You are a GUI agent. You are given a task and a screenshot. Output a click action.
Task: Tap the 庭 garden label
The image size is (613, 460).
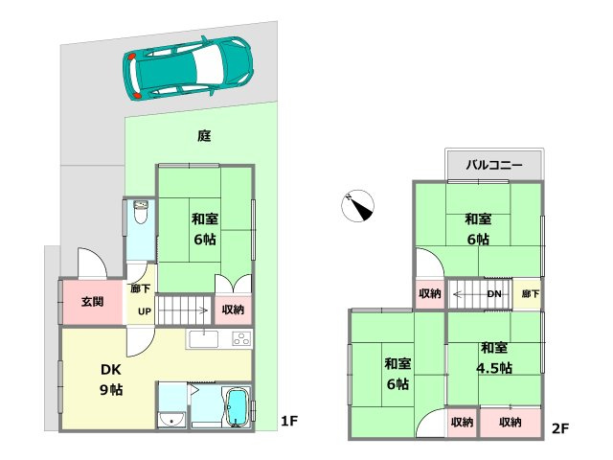pos(203,136)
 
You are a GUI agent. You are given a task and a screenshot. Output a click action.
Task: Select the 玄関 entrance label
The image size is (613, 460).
pos(92,302)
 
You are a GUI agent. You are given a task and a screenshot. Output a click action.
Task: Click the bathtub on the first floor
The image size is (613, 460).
pos(236,407)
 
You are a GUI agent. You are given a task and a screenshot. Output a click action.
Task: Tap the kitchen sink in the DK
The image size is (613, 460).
pos(203,338)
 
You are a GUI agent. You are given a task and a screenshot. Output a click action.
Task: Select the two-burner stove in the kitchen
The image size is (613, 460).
pos(239,338)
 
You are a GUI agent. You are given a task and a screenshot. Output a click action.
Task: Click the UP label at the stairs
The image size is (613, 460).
pos(145,310)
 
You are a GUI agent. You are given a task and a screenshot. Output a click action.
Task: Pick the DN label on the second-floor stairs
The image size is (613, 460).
pos(494,293)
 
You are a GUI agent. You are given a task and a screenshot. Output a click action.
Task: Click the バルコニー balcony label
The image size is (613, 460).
pos(494,165)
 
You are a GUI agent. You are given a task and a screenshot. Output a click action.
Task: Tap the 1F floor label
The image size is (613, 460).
pos(291,420)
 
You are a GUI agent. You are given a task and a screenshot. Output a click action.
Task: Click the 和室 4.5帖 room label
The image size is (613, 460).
pos(495,357)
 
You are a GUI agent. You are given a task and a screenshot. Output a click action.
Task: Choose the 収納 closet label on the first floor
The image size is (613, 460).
pos(233,310)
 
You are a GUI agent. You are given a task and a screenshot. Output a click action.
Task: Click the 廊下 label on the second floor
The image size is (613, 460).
pos(529,293)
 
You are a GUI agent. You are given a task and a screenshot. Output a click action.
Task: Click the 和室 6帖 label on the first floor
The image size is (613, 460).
pos(203,228)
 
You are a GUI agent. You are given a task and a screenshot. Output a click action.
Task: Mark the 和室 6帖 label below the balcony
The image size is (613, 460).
pos(479,229)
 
